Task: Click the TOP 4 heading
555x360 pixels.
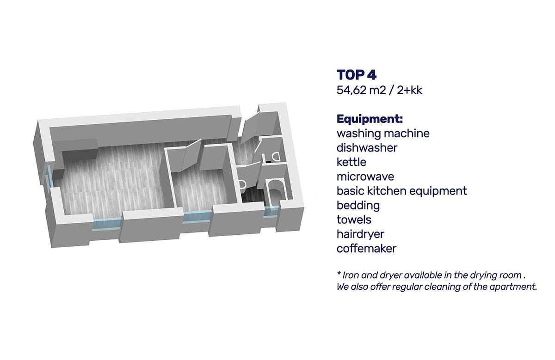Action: pyautogui.click(x=356, y=75)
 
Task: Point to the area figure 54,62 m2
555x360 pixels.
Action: pyautogui.click(x=361, y=90)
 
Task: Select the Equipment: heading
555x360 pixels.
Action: pyautogui.click(x=370, y=119)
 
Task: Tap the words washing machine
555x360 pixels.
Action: pyautogui.click(x=383, y=134)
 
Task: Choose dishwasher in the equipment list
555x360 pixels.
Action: pyautogui.click(x=367, y=148)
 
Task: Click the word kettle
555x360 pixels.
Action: pyautogui.click(x=351, y=162)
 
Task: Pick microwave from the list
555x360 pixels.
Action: pyautogui.click(x=365, y=177)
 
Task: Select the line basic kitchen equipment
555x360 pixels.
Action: pyautogui.click(x=401, y=191)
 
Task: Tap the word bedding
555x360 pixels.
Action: pyautogui.click(x=358, y=206)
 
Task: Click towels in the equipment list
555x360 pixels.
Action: pyautogui.click(x=354, y=220)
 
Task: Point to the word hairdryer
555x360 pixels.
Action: pyautogui.click(x=360, y=234)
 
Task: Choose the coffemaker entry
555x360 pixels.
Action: pyautogui.click(x=366, y=248)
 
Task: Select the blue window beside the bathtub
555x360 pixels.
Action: pyautogui.click(x=271, y=212)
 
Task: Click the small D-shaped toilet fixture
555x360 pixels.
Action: pyautogui.click(x=275, y=157)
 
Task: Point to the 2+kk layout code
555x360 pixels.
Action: pyautogui.click(x=410, y=90)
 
